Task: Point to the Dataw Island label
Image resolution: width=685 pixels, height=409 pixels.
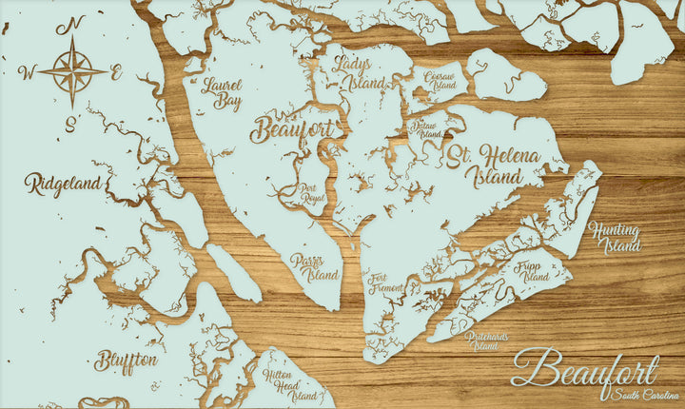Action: pos(425,130)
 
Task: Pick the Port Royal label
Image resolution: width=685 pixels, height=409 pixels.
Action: pos(314,194)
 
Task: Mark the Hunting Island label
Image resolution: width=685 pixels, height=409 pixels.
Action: pos(615,236)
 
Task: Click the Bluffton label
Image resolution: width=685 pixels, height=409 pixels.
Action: pos(127,361)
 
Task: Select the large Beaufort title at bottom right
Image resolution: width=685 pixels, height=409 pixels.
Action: pos(584,369)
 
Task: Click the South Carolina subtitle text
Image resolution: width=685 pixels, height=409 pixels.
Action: pos(644,395)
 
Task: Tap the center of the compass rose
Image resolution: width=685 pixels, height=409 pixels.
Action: pos(72,70)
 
